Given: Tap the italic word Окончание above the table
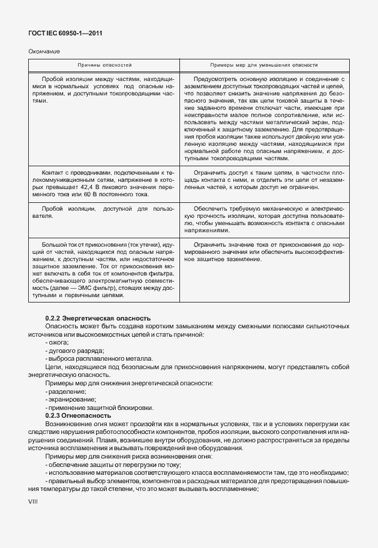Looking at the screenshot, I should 44,52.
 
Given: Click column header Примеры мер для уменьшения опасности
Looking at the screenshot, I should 263,64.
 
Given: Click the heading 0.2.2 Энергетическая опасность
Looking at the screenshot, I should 98,318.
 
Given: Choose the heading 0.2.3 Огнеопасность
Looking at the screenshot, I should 79,415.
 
